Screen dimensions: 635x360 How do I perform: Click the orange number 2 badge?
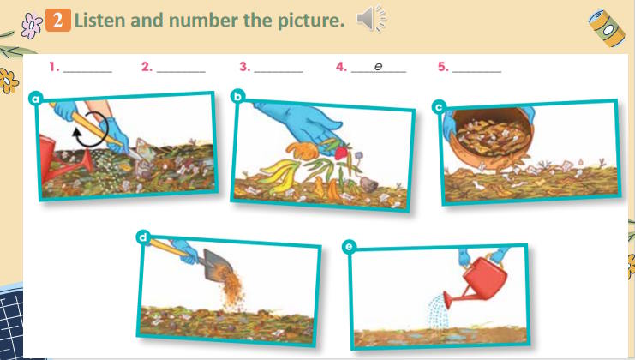coord(58,20)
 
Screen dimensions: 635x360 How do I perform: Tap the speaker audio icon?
coord(371,19)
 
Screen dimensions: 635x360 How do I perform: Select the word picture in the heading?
coord(311,21)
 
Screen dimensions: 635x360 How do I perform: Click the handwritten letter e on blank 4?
coord(378,66)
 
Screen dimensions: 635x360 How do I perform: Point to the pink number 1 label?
coord(54,67)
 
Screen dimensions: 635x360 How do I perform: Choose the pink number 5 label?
coord(443,67)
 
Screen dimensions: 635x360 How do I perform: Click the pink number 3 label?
coord(244,67)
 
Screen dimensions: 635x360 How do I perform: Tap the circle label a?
coord(36,99)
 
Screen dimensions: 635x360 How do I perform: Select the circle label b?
coord(237,96)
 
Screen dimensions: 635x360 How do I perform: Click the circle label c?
coord(439,107)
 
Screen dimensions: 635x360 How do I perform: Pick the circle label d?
coord(143,237)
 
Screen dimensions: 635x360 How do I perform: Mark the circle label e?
coord(349,247)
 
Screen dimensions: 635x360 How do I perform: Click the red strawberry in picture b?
coord(341,153)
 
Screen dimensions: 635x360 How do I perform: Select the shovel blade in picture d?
coord(218,265)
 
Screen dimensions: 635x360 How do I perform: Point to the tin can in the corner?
coord(607,27)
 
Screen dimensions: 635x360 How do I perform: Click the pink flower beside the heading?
coord(32,25)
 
